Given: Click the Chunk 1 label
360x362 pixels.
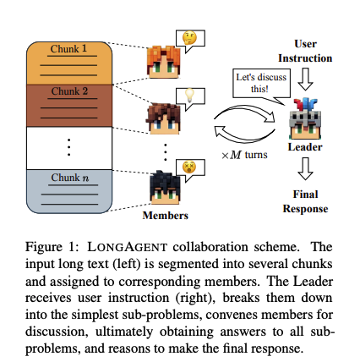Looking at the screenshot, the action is pyautogui.click(x=68, y=49).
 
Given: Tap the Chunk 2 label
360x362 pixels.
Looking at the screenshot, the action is pyautogui.click(x=69, y=91).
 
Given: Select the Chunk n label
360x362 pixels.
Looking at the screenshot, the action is pyautogui.click(x=69, y=178).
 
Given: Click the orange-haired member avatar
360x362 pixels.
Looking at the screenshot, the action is pyautogui.click(x=163, y=62).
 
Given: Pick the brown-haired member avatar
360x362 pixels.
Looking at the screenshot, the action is pyautogui.click(x=163, y=118).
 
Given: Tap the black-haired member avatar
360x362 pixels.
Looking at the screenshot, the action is pyautogui.click(x=165, y=187).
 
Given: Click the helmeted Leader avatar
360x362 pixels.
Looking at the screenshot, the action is pyautogui.click(x=305, y=118).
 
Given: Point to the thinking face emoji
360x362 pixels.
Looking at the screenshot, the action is pyautogui.click(x=189, y=38).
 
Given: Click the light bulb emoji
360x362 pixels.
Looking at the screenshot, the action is pyautogui.click(x=189, y=96).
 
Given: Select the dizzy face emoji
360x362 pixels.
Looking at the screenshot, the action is pyautogui.click(x=189, y=167).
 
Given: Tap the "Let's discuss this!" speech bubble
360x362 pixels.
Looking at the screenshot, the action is pyautogui.click(x=261, y=84).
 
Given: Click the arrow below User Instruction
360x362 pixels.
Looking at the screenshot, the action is pyautogui.click(x=305, y=80).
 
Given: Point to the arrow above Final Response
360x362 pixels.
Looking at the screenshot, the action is pyautogui.click(x=305, y=168).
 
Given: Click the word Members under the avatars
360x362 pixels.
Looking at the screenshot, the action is pyautogui.click(x=166, y=216).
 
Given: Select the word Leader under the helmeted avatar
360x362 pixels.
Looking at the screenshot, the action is pyautogui.click(x=305, y=147).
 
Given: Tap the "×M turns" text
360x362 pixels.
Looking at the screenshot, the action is pyautogui.click(x=244, y=155).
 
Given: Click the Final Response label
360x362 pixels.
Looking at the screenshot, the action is pyautogui.click(x=305, y=201).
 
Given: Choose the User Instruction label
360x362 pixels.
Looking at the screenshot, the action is pyautogui.click(x=305, y=51).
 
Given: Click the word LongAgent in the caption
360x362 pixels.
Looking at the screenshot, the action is pyautogui.click(x=128, y=247).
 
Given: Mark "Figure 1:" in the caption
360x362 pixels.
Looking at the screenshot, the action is pyautogui.click(x=52, y=247).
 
